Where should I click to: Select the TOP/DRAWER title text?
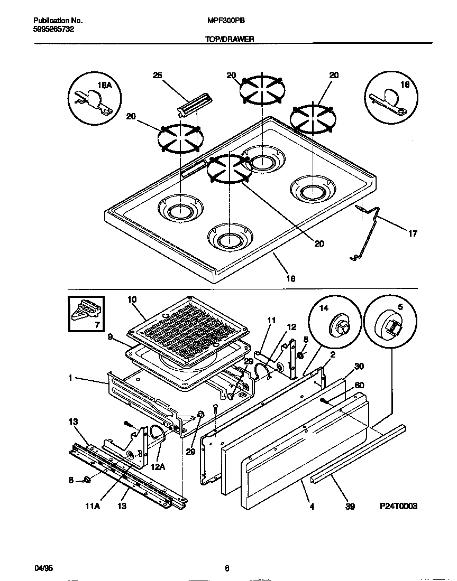tap(229, 39)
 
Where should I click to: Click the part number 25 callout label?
tap(157, 76)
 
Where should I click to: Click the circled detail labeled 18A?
tap(95, 96)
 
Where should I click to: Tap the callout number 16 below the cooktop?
tap(290, 278)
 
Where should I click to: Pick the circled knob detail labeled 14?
tap(336, 323)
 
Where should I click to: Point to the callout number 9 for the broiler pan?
tap(110, 336)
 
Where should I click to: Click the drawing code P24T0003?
tap(398, 505)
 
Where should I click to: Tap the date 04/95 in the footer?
tap(43, 568)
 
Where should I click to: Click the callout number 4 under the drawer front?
tap(312, 507)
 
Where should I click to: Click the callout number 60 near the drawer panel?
tap(359, 385)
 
